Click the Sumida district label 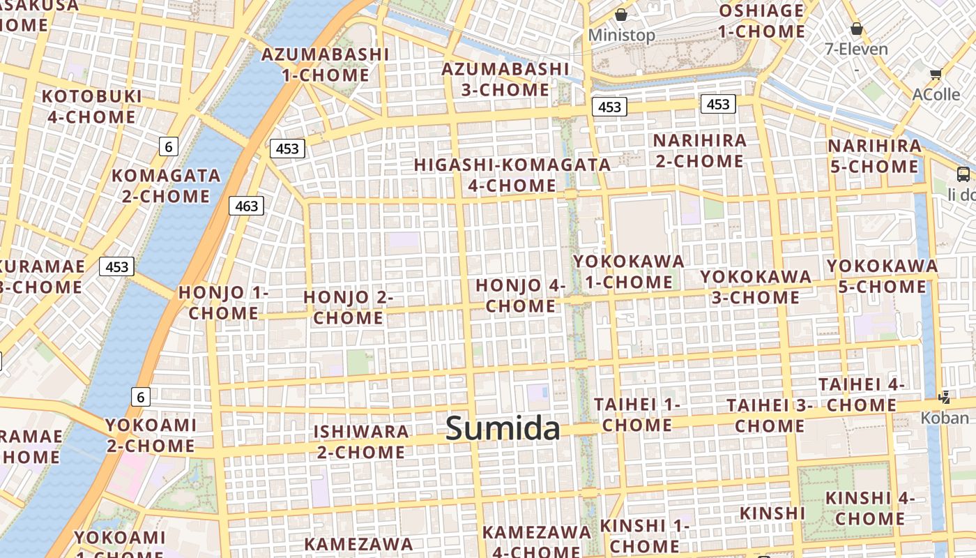click(503, 428)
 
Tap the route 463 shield click(247, 206)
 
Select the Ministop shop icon click(620, 15)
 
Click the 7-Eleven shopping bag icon click(856, 29)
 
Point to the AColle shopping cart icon click(936, 74)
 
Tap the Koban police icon click(945, 398)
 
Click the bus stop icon click(963, 174)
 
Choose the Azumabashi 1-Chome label click(325, 64)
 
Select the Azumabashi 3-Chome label click(505, 79)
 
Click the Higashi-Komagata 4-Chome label click(512, 175)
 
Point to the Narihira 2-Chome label click(699, 151)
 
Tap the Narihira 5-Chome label click(874, 156)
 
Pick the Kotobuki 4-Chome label click(91, 106)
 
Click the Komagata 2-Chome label click(166, 186)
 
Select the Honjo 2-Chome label click(348, 308)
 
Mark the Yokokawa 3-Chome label click(756, 287)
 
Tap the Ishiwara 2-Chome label click(360, 442)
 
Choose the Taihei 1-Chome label click(636, 414)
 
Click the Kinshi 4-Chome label click(869, 508)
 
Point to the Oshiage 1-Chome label click(761, 21)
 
